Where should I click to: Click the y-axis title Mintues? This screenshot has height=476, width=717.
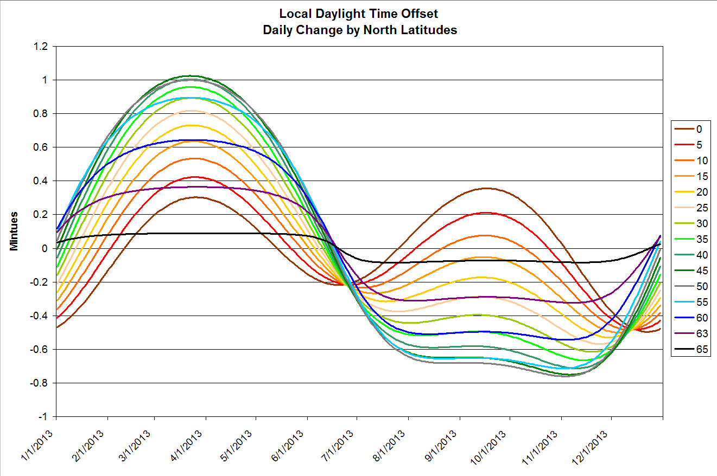pos(15,231)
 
